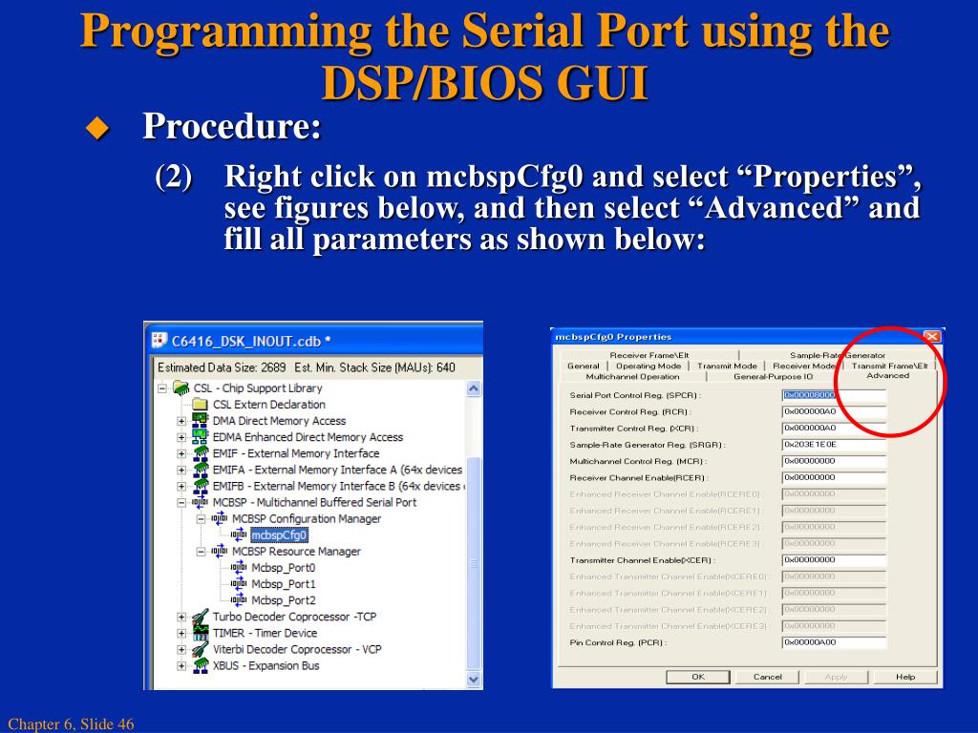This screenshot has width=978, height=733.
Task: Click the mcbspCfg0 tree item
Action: click(x=279, y=535)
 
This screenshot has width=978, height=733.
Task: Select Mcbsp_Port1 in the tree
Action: click(x=283, y=584)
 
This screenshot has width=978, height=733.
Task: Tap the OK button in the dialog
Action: click(x=698, y=677)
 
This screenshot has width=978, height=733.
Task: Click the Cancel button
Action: click(x=767, y=677)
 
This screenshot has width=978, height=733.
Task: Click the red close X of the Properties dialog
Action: click(x=932, y=337)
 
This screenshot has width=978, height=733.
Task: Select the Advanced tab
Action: click(x=887, y=376)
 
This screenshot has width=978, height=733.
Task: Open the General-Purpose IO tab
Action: click(x=773, y=377)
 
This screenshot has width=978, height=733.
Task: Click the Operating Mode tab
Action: click(x=648, y=366)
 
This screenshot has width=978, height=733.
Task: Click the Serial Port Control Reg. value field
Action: click(x=833, y=395)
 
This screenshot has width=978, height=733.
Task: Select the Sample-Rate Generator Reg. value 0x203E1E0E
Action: click(x=833, y=444)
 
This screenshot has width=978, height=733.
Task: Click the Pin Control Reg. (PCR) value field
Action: click(x=833, y=642)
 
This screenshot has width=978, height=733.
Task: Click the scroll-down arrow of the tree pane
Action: click(x=475, y=680)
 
